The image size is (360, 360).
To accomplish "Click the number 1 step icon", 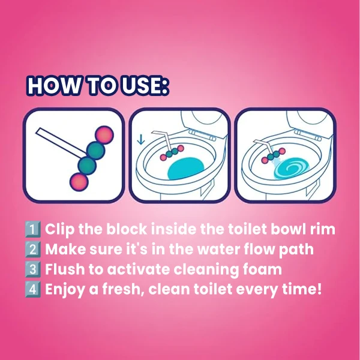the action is tap(33, 229).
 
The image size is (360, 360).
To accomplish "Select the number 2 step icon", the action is tap(33, 250).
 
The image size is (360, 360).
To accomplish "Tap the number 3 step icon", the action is tap(33, 269).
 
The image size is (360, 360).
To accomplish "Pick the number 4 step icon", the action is tap(33, 289).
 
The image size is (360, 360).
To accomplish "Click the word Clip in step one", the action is tap(59, 230).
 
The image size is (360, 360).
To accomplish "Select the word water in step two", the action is tap(217, 250).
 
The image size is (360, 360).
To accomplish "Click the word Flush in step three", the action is tap(65, 269).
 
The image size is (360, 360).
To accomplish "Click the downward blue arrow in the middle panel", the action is tap(141, 140).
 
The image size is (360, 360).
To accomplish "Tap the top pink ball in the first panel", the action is tap(104, 135).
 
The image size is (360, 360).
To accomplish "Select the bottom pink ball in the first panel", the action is tap(79, 182).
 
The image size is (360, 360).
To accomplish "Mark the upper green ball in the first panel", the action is tap(96, 151).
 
